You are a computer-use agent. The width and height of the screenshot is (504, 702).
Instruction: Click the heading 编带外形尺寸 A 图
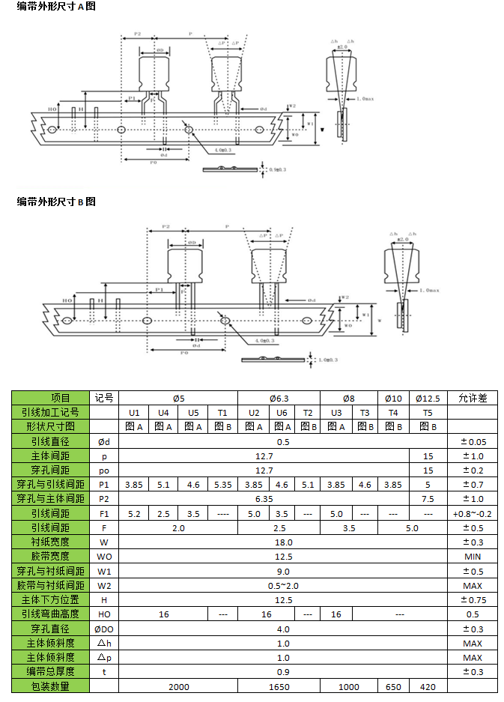tap(56, 7)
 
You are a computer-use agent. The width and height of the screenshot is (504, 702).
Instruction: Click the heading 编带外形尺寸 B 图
tap(56, 202)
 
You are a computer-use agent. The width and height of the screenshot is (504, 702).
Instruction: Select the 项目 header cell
tap(50, 398)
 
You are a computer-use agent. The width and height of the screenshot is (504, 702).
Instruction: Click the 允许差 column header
tap(472, 398)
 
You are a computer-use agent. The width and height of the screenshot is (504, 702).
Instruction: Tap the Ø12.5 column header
tap(428, 398)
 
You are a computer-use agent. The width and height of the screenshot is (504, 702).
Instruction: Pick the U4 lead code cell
tap(163, 413)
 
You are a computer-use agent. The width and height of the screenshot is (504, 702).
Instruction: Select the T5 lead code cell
tap(428, 413)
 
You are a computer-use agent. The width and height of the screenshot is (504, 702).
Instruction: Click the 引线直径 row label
tap(50, 442)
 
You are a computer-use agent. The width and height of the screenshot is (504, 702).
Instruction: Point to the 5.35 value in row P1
tap(222, 485)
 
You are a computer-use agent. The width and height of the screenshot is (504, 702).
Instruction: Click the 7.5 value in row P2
tap(428, 499)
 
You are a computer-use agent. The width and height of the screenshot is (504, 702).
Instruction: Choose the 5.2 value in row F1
tap(134, 514)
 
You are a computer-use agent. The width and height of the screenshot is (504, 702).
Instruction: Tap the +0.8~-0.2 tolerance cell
tap(472, 514)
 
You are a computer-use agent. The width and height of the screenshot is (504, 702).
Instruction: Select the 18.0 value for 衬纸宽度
tap(283, 542)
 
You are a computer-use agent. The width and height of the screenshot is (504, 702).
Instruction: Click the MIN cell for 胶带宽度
tap(472, 557)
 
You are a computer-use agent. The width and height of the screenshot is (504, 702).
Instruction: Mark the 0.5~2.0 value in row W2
tap(283, 585)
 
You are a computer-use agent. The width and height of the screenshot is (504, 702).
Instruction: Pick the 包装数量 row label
tap(50, 686)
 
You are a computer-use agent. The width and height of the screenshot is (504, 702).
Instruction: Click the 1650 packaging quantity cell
tap(279, 686)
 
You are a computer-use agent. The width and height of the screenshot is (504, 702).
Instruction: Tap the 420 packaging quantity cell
tap(428, 686)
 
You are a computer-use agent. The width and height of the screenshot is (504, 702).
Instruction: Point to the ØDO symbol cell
tap(104, 629)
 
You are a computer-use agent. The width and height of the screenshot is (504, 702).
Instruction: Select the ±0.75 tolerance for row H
tap(472, 599)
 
